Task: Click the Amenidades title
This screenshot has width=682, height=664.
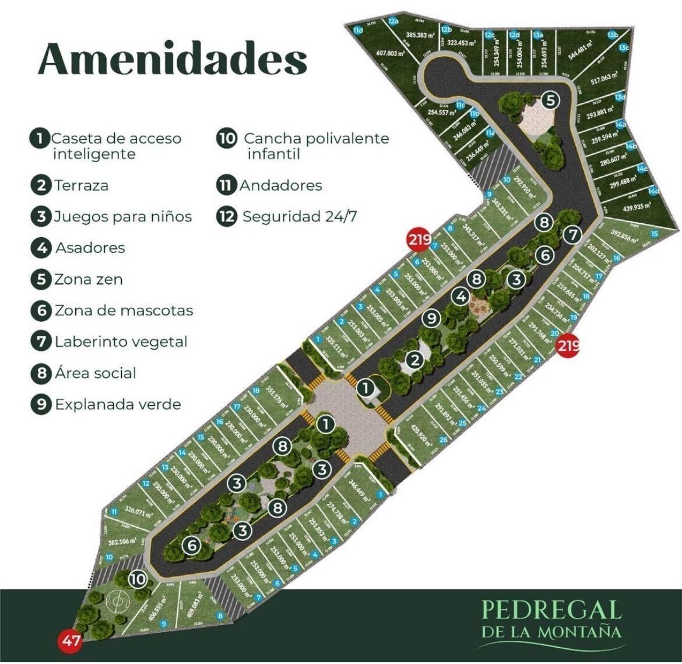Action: (173, 58)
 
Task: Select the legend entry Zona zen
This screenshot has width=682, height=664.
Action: (88, 279)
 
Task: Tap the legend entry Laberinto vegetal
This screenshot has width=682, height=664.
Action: (121, 342)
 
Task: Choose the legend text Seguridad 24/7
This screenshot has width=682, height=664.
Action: (300, 217)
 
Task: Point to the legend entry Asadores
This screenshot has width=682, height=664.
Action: (90, 248)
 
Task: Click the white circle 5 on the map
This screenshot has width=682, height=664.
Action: (550, 100)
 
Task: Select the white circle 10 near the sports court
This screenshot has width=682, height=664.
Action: (138, 579)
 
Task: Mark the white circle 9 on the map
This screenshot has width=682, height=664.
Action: (431, 318)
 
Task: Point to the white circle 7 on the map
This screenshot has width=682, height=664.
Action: (573, 235)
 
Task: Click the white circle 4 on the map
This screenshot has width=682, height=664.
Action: (461, 296)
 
